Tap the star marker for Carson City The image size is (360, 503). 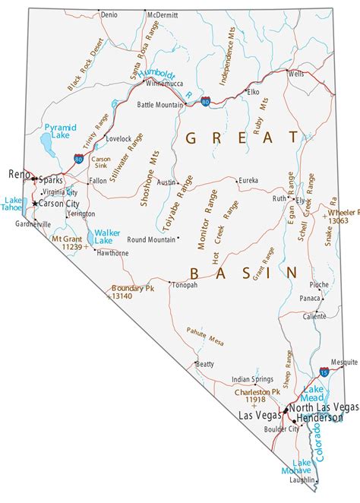click(35, 204)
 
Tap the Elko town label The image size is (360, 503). click(253, 92)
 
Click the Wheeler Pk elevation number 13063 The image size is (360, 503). click(339, 220)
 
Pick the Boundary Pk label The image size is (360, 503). click(132, 289)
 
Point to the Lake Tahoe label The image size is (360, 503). click(13, 206)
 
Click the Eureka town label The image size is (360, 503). click(248, 180)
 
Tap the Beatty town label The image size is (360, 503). click(205, 364)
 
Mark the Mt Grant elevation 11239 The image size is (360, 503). click(67, 247)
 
